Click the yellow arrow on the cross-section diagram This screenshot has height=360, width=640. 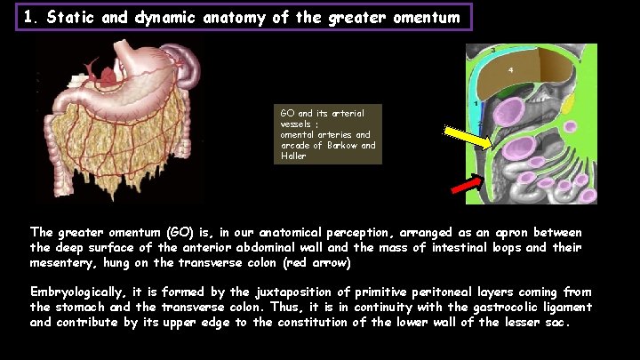click(468, 137)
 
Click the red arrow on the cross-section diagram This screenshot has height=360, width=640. click(466, 184)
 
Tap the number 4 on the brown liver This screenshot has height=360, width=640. click(510, 69)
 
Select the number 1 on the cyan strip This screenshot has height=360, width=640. click(476, 104)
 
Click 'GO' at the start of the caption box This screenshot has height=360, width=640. click(286, 113)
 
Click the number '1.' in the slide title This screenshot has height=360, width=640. click(32, 17)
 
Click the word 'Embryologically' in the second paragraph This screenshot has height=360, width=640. click(82, 292)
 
